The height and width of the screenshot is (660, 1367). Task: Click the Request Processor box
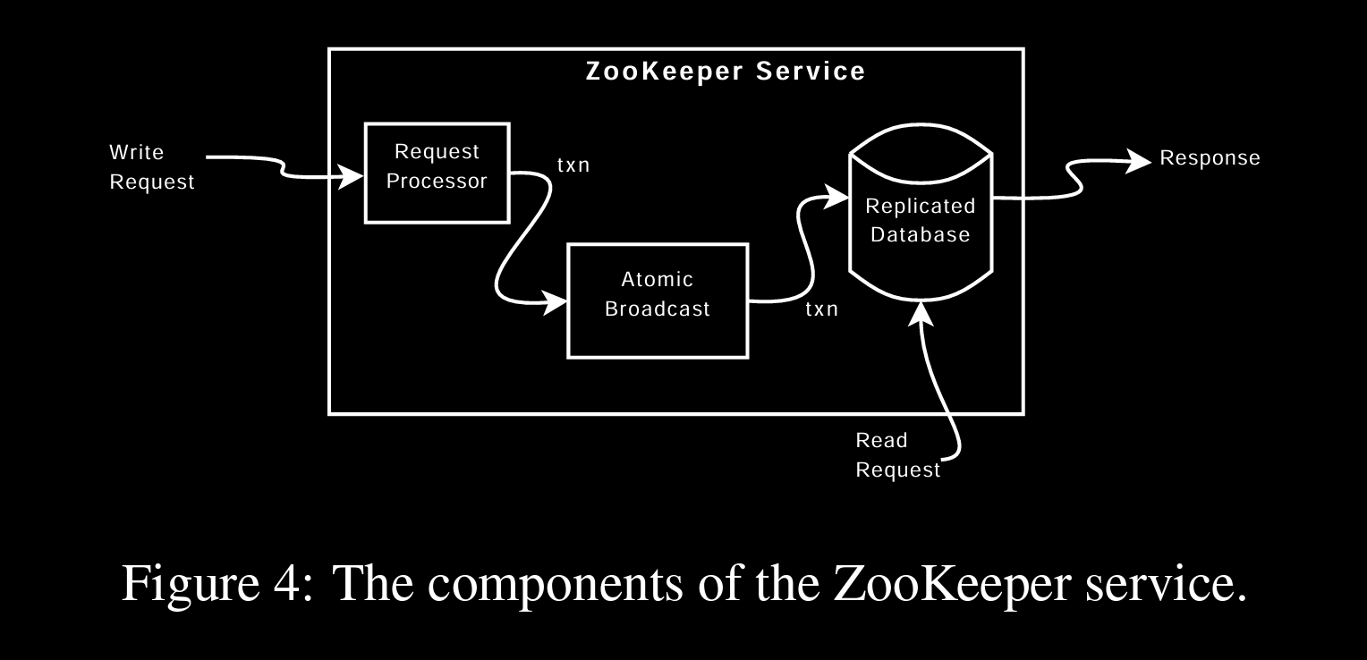point(437,173)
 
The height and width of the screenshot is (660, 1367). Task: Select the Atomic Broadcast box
point(658,300)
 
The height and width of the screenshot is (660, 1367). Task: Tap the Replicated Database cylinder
point(921,220)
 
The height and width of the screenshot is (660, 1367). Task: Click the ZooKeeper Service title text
point(726,72)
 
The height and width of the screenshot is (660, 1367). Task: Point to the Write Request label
point(151,167)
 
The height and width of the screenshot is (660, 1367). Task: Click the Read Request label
point(897,455)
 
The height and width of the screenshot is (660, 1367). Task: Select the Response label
point(1210,158)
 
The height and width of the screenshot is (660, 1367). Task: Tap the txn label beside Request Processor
point(573,165)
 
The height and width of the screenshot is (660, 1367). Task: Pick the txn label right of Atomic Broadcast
point(821,309)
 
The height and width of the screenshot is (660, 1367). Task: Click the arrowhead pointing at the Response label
point(1140,161)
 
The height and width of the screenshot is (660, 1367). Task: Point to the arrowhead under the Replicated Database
point(921,312)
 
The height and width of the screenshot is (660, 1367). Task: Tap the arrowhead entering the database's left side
point(838,196)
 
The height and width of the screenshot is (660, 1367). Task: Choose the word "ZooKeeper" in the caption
point(950,585)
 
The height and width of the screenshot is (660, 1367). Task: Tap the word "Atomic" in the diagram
point(658,280)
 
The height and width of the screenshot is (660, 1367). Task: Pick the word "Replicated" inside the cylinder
point(921,207)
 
